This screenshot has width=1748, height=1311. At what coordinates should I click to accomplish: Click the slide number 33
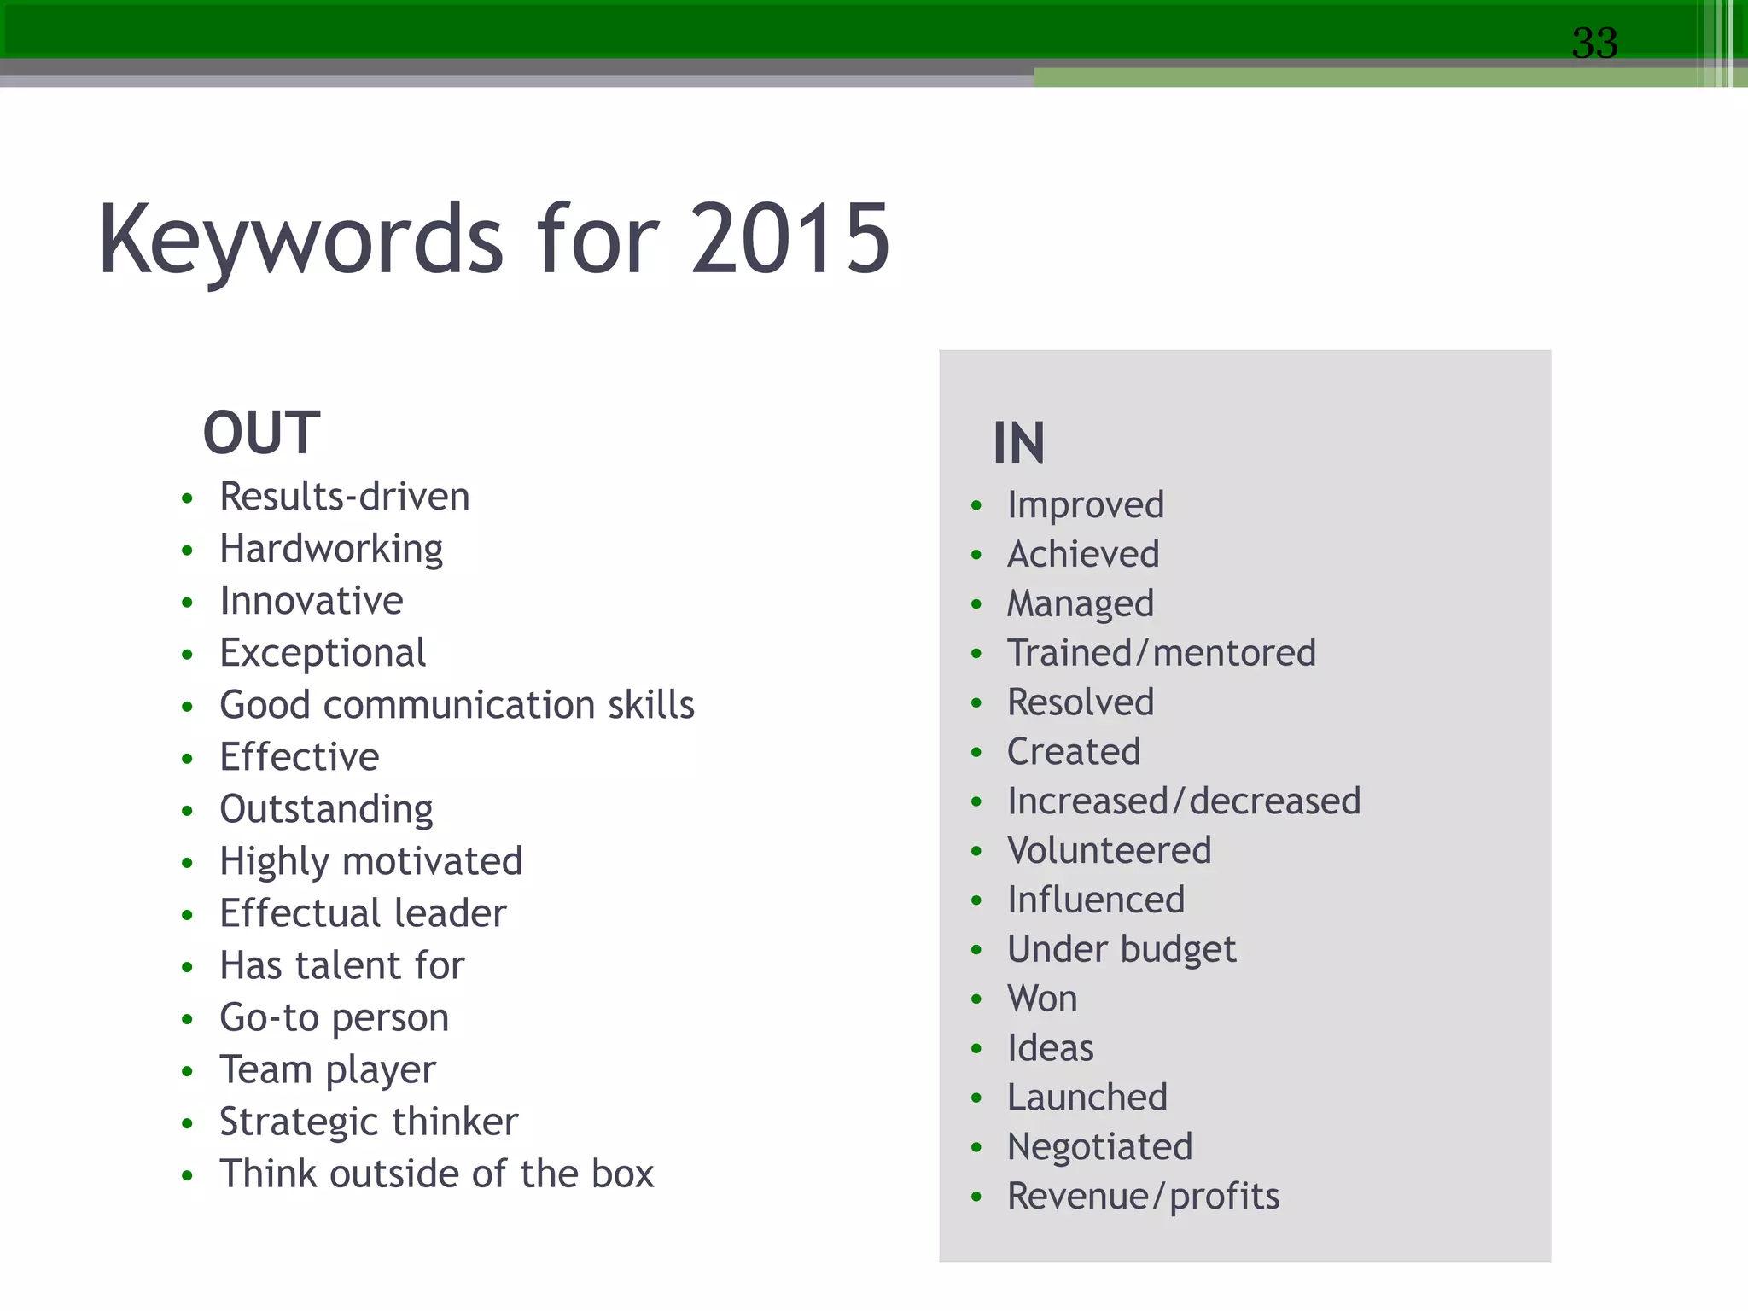coord(1594,43)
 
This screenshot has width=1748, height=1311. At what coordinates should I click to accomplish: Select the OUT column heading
coord(261,433)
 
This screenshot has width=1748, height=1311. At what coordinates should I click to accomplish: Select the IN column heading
coord(1018,444)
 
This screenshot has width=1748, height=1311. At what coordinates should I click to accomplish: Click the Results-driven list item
coord(345,497)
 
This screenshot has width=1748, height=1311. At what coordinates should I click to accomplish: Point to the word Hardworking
coord(331,549)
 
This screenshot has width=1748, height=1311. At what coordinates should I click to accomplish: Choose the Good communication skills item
coord(457,705)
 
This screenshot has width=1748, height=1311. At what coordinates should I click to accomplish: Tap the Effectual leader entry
coord(363,913)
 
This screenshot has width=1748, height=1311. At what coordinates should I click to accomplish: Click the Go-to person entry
coord(335,1017)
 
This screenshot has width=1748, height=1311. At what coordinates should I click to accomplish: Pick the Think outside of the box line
coord(437,1174)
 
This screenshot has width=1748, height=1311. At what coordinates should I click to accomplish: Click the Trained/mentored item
coord(1162,653)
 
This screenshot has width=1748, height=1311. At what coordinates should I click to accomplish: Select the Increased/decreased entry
coord(1184,801)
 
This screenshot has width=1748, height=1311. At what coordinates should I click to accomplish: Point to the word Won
coord(1042,999)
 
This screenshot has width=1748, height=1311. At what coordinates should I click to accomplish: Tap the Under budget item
coord(1122,949)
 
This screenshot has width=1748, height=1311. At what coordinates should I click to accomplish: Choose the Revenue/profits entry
coord(1144,1196)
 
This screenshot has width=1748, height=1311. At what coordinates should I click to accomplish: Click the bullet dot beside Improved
coord(977,506)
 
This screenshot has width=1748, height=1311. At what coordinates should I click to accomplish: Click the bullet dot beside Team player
coord(188,1071)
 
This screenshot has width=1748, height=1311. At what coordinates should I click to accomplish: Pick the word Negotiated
coord(1099,1146)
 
